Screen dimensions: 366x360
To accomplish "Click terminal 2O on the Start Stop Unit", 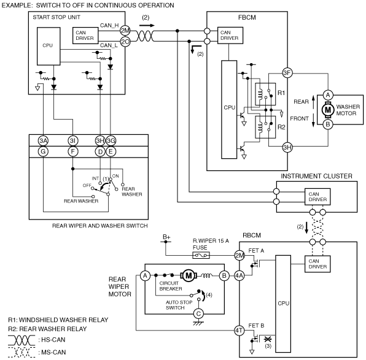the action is coord(125,42).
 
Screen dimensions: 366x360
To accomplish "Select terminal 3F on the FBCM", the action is coord(287,73).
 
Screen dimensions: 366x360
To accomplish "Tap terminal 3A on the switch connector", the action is coord(43,140).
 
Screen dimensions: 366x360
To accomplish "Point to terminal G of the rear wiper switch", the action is coord(43,151).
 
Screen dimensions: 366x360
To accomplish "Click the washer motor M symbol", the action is coord(328,110).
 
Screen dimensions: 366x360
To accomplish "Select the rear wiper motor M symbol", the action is coord(189,276).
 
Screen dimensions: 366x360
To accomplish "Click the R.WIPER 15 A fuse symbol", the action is coord(201,255).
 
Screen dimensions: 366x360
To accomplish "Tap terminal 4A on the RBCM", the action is coord(239,276).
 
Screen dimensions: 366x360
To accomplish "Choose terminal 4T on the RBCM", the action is coord(239,331).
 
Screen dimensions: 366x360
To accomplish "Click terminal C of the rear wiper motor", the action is coord(198,314).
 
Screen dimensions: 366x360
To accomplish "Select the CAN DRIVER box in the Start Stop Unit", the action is coord(85,36).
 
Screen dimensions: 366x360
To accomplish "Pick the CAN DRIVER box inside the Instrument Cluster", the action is coord(317,197).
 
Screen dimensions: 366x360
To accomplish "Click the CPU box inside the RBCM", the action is coord(283,304).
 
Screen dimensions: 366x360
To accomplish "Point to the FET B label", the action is coord(256,326).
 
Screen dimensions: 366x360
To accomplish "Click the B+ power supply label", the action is coord(166,237).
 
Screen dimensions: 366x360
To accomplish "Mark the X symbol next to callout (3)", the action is coord(267,339).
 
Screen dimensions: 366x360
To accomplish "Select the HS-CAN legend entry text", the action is coord(53,340).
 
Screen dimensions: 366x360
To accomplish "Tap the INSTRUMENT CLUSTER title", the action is coord(316,176).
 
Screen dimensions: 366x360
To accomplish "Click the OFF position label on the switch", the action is coord(87,186).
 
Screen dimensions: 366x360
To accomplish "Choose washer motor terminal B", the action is coord(328,124).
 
